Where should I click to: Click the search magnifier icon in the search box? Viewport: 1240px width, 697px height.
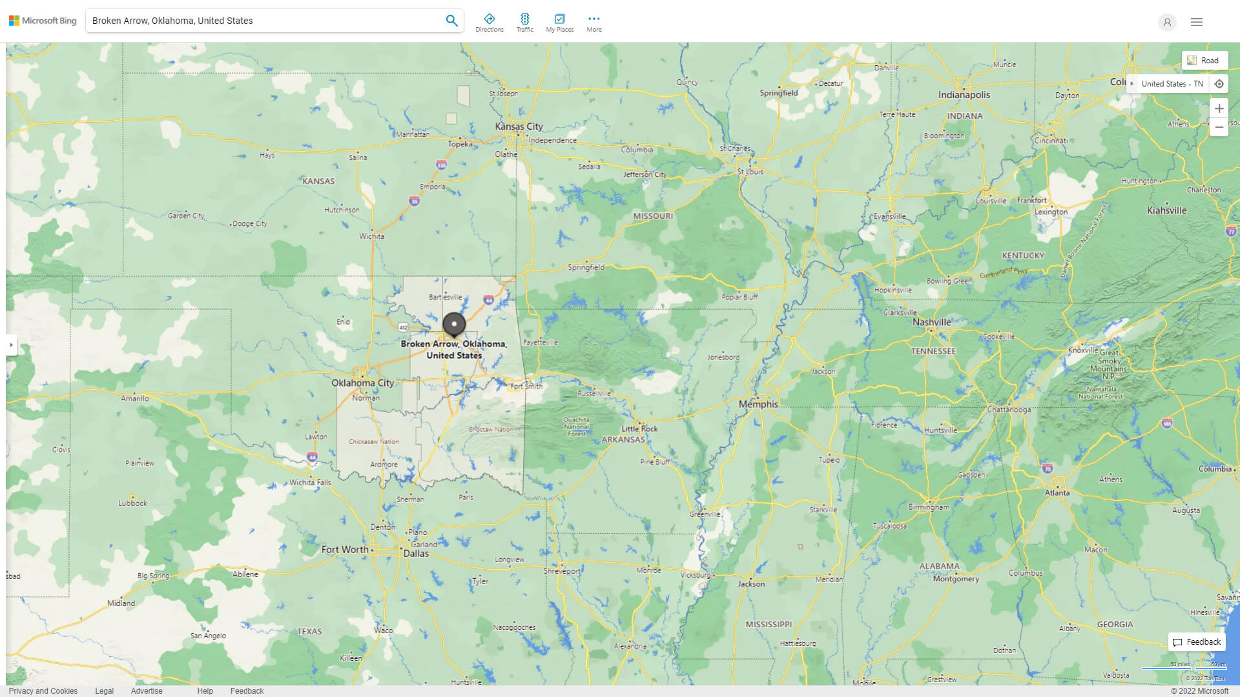451,21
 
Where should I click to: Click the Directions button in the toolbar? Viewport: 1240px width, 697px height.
489,23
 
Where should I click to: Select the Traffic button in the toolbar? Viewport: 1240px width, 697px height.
524,23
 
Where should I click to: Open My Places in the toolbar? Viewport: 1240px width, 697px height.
559,23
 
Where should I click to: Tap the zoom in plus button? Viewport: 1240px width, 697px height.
1219,108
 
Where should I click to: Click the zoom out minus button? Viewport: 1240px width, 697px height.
1219,127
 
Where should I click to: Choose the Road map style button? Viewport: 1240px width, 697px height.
1204,60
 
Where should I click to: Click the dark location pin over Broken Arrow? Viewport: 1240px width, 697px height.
454,325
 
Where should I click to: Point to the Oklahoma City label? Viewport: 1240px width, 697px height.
362,383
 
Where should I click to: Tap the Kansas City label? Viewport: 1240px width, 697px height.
519,126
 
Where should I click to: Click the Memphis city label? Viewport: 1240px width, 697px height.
758,404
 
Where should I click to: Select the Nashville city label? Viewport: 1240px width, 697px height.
931,322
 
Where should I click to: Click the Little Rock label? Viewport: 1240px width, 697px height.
639,429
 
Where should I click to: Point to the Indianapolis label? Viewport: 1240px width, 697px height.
964,95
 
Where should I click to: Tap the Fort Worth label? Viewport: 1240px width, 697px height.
345,550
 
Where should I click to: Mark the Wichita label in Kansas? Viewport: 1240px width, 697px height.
371,236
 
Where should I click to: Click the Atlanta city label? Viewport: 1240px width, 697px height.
1057,492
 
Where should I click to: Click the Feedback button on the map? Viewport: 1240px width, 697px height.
1197,641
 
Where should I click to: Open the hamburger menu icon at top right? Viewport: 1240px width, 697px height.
1196,22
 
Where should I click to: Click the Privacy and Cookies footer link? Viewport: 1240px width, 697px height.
43,691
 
